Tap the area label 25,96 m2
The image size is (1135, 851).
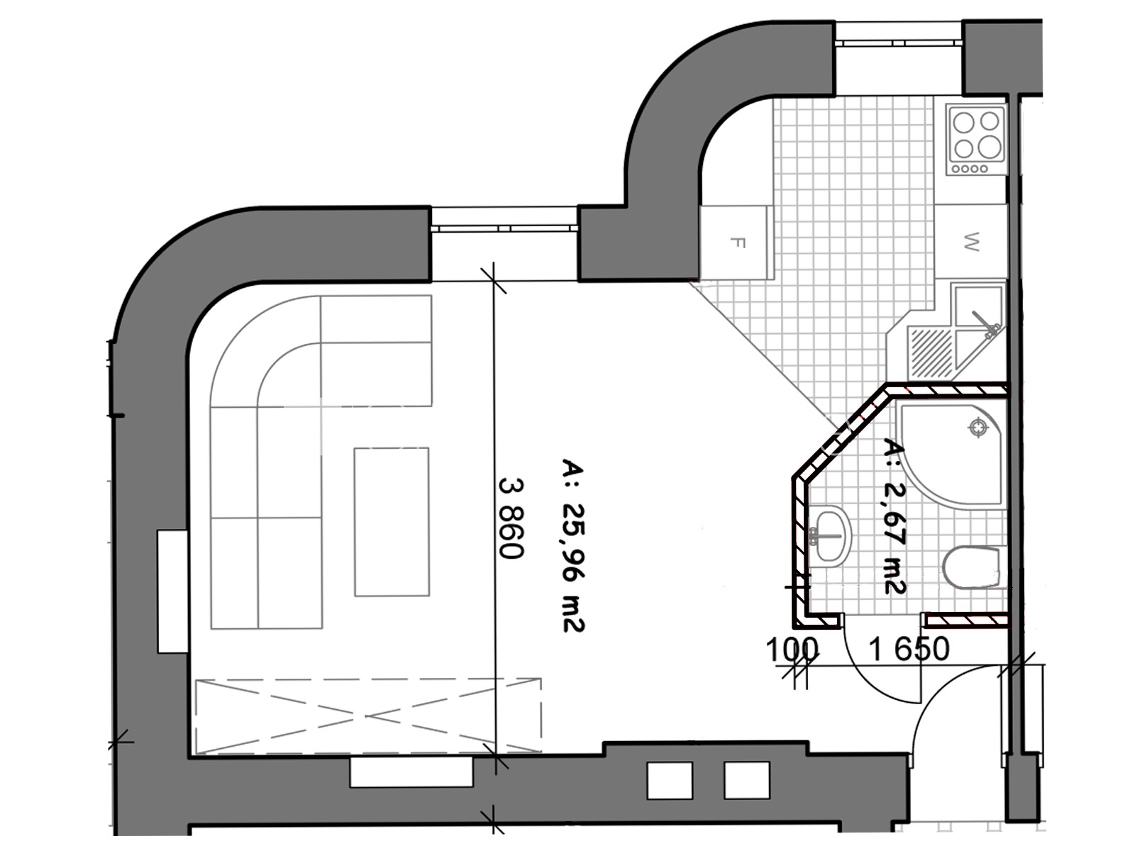click(573, 545)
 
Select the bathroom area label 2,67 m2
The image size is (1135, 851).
click(895, 517)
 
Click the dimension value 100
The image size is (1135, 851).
click(792, 650)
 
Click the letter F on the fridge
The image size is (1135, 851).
click(739, 243)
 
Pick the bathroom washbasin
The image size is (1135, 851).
click(829, 534)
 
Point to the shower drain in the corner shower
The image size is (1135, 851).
click(978, 428)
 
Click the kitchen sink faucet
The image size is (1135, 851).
click(985, 325)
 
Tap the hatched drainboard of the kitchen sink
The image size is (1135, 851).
click(931, 352)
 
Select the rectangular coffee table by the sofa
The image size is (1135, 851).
click(392, 522)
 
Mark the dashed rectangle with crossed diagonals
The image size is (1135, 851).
click(369, 716)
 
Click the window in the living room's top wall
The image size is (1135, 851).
click(504, 228)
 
